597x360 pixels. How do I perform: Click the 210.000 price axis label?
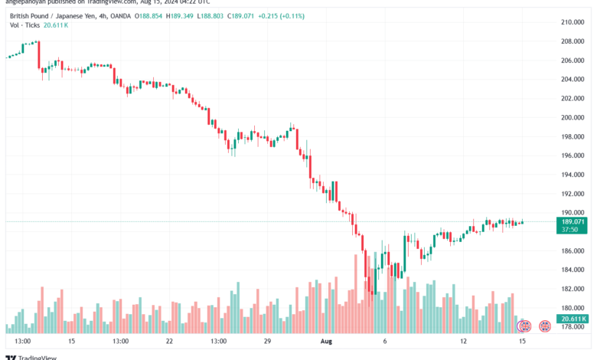pos(573,21)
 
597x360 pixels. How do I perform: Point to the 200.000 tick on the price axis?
pos(573,117)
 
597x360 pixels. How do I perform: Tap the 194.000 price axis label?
pos(573,175)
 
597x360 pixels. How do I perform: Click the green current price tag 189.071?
pos(573,221)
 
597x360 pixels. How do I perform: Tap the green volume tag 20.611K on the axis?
pos(573,319)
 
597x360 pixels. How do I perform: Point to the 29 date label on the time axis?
pos(268,341)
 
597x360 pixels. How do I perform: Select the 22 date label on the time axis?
pos(169,341)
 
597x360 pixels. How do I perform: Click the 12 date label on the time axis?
pos(464,341)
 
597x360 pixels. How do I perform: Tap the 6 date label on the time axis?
pos(385,341)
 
